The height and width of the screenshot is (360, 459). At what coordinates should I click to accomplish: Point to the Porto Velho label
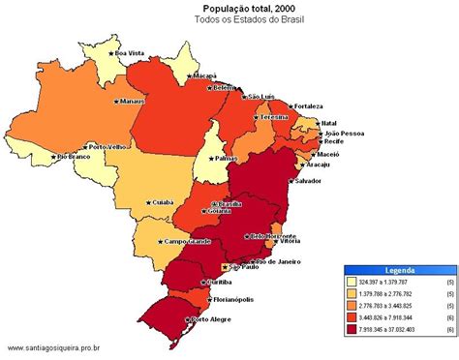coord(107,147)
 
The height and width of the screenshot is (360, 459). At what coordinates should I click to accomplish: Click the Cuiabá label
coord(160,202)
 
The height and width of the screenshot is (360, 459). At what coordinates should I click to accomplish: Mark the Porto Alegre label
coord(213,318)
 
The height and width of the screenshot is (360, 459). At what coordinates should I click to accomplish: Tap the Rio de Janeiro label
coord(275,261)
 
